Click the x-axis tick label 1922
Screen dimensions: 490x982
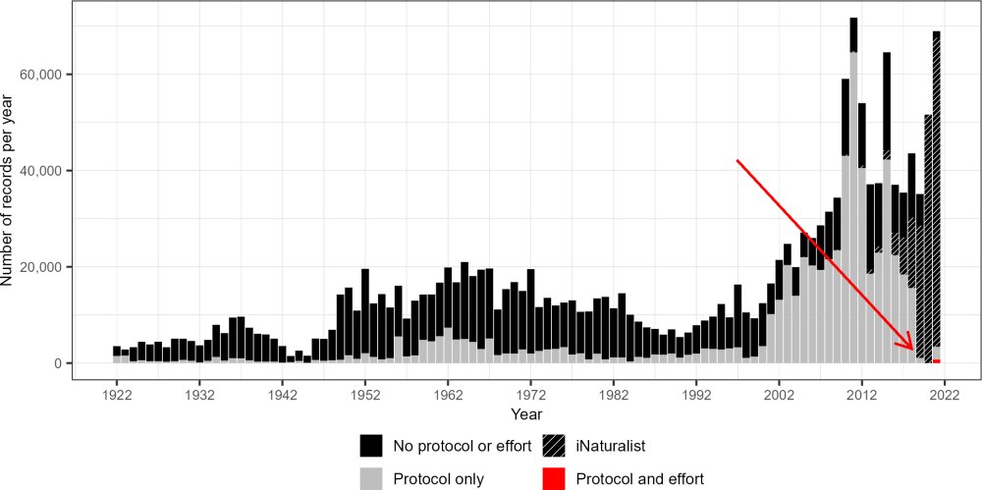(116, 395)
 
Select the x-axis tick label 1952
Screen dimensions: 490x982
(364, 395)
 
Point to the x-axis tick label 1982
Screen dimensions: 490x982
(613, 395)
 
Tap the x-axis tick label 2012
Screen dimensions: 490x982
(861, 395)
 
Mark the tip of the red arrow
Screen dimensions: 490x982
(913, 350)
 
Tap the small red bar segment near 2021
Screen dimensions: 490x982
(937, 361)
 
